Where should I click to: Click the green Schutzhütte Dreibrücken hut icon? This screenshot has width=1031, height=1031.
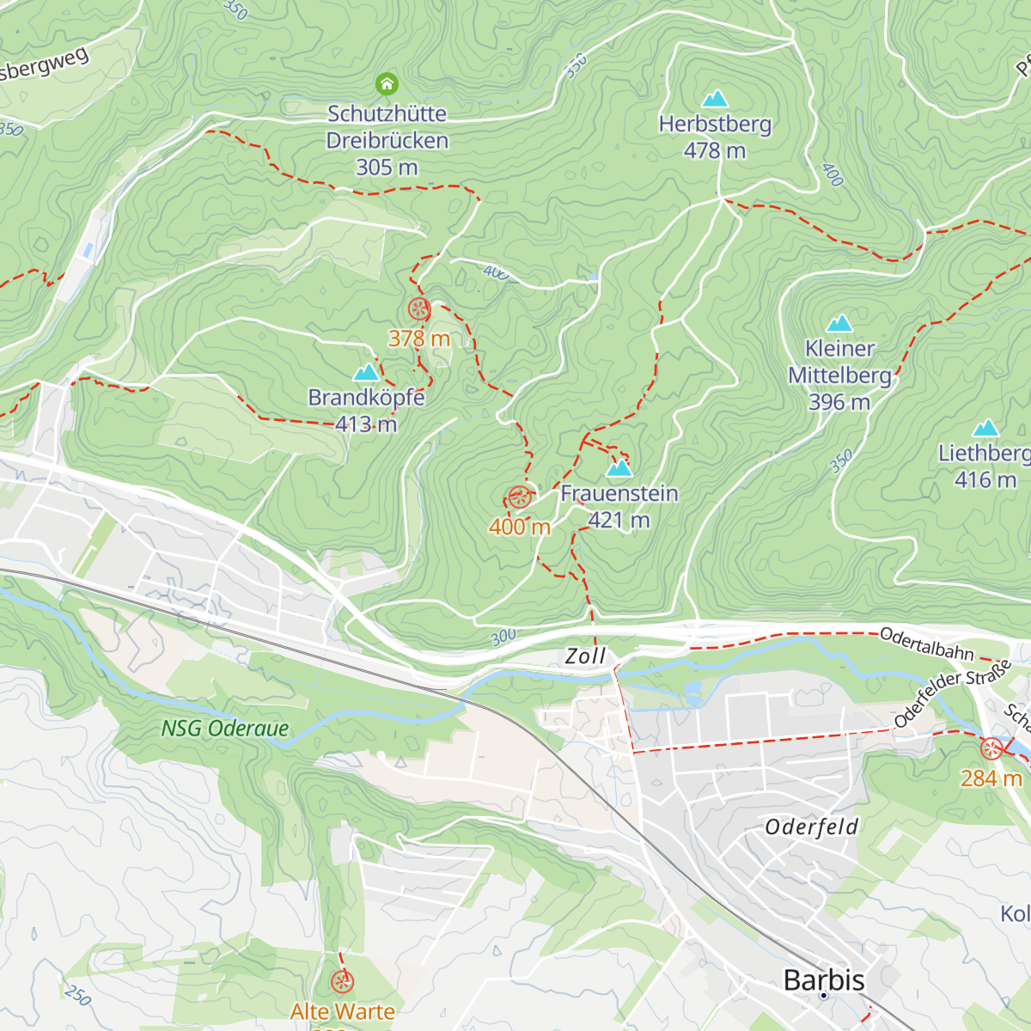[387, 83]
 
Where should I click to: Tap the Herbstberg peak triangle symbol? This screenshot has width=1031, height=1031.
[715, 99]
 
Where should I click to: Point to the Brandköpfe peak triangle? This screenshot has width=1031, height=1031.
[367, 372]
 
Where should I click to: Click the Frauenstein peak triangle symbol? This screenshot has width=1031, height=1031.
[619, 468]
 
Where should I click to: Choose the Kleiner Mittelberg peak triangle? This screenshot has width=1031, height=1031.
[839, 324]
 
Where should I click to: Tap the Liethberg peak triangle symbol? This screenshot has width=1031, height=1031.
[985, 428]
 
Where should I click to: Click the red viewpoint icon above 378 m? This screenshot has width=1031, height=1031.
[418, 309]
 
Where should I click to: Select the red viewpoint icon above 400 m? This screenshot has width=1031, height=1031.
[519, 497]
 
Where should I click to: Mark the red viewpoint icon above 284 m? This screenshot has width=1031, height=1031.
[991, 748]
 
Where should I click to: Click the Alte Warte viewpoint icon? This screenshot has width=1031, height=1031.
[342, 981]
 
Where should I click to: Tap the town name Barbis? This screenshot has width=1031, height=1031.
[824, 979]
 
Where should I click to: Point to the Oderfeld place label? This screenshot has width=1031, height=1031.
[811, 827]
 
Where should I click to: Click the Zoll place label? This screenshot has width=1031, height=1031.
[585, 656]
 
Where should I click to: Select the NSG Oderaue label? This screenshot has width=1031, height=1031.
[225, 729]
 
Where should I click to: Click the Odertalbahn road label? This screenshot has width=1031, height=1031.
[926, 644]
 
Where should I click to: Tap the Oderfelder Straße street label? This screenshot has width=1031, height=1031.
[952, 694]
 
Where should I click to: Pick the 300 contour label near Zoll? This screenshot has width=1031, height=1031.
[503, 637]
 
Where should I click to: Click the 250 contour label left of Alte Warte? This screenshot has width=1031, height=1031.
[77, 994]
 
